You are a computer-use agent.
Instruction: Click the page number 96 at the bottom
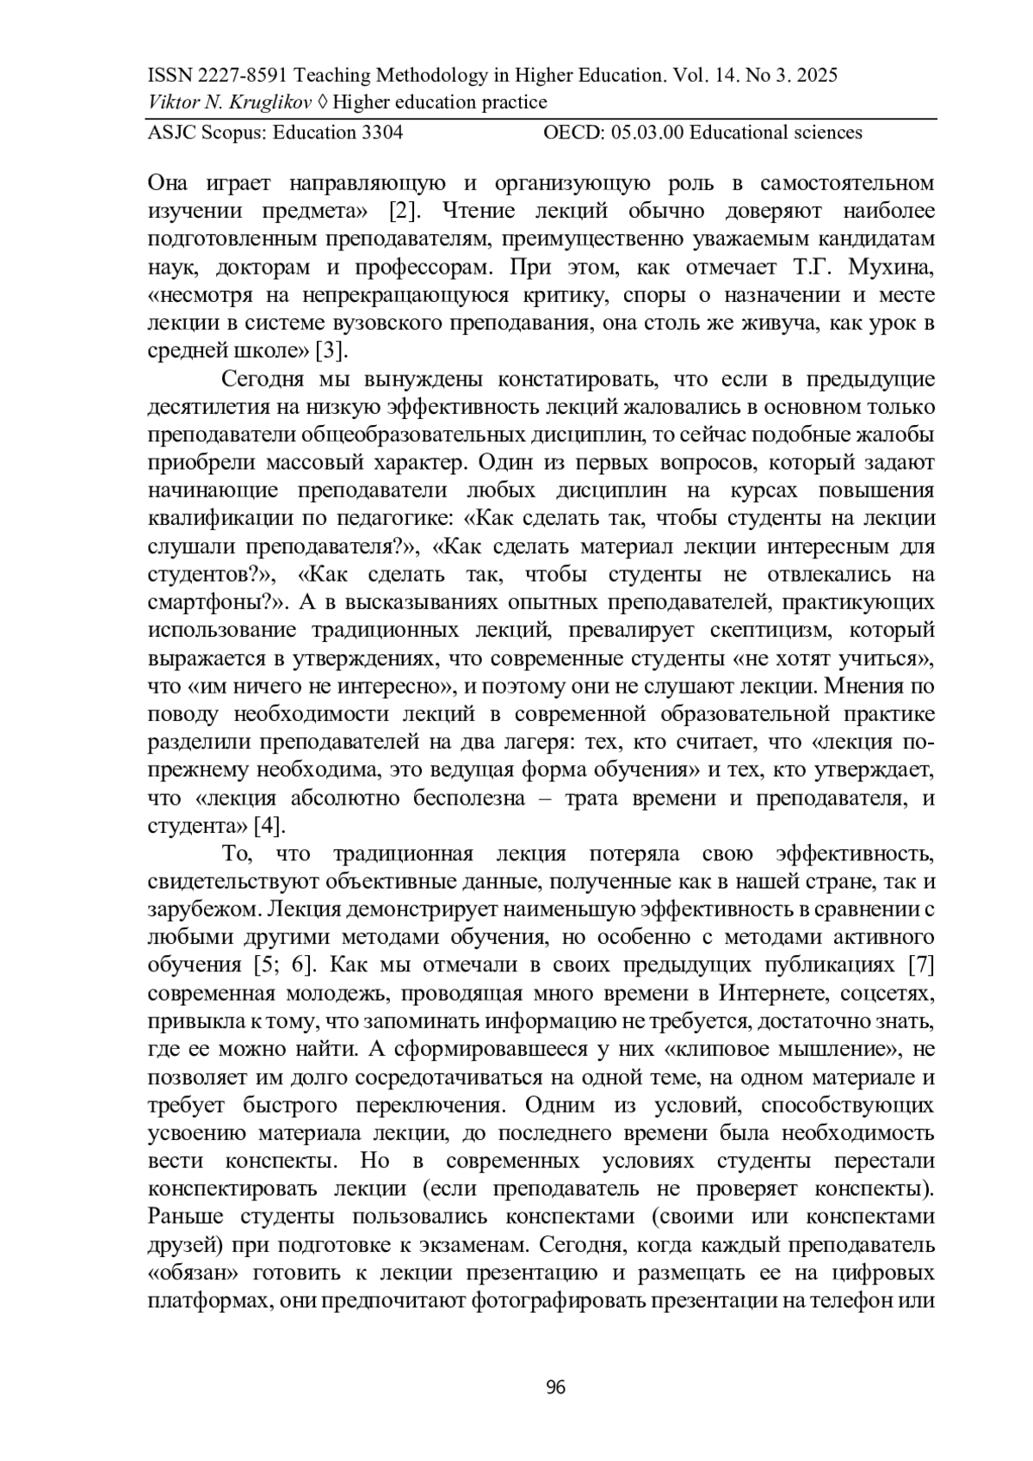click(x=555, y=1386)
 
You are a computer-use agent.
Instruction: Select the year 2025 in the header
click(x=814, y=76)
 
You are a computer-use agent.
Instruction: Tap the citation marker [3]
click(x=331, y=351)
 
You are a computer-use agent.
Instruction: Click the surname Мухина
click(x=891, y=267)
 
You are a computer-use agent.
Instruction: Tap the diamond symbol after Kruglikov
click(x=323, y=103)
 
